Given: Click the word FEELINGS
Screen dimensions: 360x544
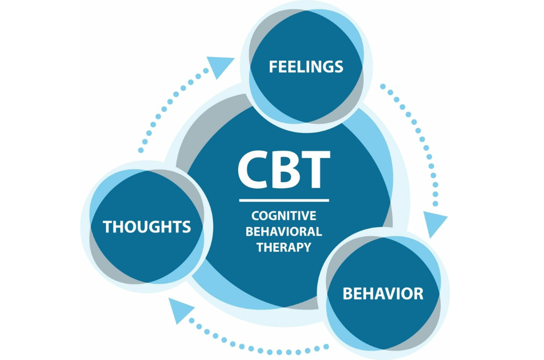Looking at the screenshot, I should pyautogui.click(x=306, y=66).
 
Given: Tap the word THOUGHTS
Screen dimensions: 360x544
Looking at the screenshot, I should pyautogui.click(x=147, y=227).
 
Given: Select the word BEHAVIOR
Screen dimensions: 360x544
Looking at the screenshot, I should pyautogui.click(x=383, y=294).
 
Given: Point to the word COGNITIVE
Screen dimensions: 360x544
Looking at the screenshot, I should pyautogui.click(x=284, y=216).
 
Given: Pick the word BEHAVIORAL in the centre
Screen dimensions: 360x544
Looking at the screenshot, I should pyautogui.click(x=284, y=232).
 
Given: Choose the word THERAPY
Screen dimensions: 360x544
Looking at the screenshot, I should pyautogui.click(x=284, y=247).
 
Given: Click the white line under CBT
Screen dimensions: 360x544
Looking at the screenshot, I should pyautogui.click(x=284, y=200).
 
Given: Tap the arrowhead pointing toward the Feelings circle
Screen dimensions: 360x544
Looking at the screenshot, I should pyautogui.click(x=220, y=66).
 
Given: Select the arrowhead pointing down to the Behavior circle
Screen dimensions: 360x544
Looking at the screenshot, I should pyautogui.click(x=434, y=224).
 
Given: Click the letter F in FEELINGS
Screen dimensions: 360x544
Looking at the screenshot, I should pyautogui.click(x=273, y=66).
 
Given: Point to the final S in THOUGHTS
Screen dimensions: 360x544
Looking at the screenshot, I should pyautogui.click(x=186, y=227).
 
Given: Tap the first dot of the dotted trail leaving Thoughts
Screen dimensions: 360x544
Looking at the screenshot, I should pyautogui.click(x=141, y=150).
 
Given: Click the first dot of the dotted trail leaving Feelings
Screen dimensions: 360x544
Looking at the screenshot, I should pyautogui.click(x=383, y=87).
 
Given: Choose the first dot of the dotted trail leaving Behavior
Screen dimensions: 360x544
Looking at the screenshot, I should pyautogui.click(x=326, y=346).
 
